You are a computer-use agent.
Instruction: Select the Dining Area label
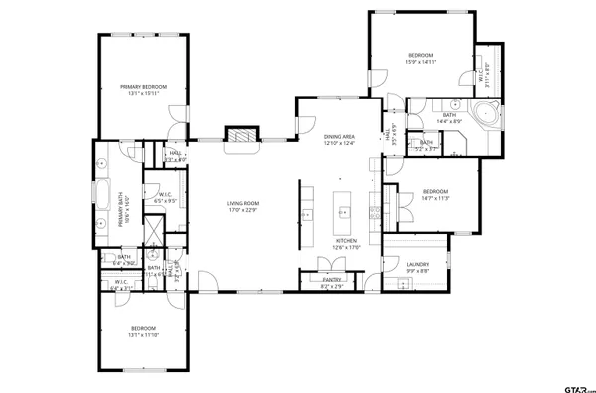click(x=338, y=140)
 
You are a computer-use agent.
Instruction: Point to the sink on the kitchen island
click(x=344, y=211)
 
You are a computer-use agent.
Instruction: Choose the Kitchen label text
click(x=345, y=244)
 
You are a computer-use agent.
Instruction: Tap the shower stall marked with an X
click(x=154, y=231)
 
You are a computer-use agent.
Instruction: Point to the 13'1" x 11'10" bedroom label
click(x=144, y=331)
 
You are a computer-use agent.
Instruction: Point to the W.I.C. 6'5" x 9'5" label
click(x=164, y=197)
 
